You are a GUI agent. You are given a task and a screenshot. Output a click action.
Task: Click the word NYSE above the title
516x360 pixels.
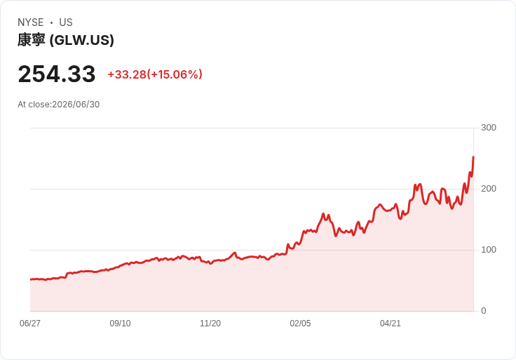point(31,22)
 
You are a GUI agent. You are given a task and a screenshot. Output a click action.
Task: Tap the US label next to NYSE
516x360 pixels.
point(66,22)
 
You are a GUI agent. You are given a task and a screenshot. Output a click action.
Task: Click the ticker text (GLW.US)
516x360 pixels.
point(81,40)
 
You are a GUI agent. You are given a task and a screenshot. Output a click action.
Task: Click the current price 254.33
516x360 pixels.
point(57,74)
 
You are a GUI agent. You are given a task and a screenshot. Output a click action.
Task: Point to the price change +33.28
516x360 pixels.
point(127,74)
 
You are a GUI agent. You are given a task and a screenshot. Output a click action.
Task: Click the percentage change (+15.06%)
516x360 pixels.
point(175,74)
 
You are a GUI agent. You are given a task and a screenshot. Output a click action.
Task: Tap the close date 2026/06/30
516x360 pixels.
point(76,105)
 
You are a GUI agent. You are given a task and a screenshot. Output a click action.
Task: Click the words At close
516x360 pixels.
point(34,105)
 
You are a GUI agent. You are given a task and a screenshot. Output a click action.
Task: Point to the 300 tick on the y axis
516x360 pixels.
point(489,128)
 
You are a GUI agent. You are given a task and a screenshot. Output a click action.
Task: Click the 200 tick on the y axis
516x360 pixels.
point(489,189)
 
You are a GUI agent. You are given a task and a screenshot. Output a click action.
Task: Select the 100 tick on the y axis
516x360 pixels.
point(489,250)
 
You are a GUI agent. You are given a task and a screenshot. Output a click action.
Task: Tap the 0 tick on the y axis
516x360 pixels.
point(484,311)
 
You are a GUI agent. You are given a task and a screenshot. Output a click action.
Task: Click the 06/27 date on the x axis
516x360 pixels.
point(30,323)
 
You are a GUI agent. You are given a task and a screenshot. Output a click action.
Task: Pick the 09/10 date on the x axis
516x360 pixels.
point(120,323)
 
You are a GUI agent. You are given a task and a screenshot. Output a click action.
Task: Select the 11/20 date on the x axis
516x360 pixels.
point(210,323)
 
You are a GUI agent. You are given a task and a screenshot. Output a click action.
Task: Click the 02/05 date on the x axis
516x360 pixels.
point(300,323)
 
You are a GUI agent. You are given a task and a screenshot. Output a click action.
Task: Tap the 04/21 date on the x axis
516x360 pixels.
point(391,323)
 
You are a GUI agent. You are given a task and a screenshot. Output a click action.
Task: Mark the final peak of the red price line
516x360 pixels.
point(473,156)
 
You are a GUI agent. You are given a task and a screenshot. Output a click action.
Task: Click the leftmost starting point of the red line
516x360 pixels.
point(31,279)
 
